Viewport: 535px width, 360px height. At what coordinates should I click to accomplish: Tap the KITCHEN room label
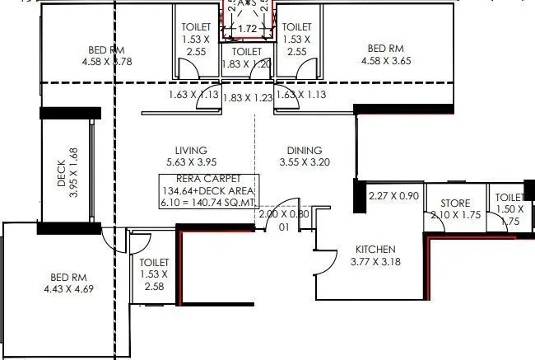coord(375,250)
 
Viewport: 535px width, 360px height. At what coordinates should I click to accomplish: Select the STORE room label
coord(455,203)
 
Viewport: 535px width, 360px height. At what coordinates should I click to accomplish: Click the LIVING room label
coord(190,150)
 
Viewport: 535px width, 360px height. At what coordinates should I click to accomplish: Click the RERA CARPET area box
coord(210,189)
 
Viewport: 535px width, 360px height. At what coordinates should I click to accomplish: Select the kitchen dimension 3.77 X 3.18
coord(375,263)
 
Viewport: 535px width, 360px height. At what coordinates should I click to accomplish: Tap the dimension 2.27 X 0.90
coord(394,195)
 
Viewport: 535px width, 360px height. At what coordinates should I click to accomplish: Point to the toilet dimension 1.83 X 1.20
coord(247,63)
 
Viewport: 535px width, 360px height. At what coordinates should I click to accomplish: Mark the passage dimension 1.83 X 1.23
coord(247,96)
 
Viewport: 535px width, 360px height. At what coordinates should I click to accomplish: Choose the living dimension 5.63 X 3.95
coord(190,162)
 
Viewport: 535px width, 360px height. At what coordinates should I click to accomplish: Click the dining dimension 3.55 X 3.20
coord(305,162)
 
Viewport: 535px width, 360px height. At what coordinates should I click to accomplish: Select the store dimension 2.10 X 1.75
coord(455,216)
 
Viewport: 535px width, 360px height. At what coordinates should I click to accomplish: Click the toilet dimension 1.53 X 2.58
coord(154,280)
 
